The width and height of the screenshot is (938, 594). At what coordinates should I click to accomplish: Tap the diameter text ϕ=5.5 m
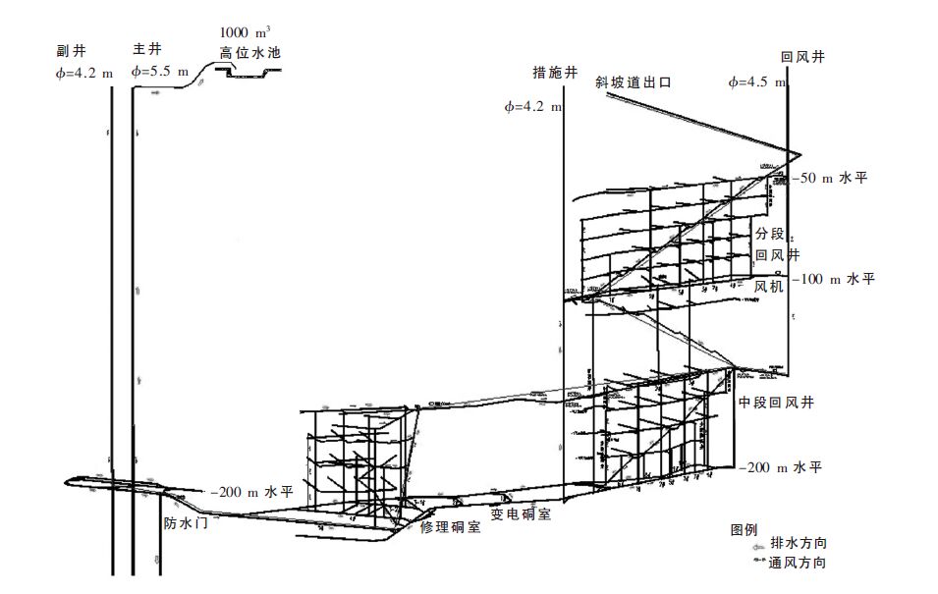click(165, 72)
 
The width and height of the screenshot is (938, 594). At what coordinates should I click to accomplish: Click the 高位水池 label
click(250, 53)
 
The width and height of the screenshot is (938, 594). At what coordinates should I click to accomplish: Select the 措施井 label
click(546, 72)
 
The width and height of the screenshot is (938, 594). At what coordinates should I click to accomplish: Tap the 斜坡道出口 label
click(633, 83)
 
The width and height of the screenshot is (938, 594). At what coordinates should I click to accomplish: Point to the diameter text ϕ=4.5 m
click(757, 82)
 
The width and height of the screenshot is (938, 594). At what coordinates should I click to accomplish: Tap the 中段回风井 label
click(777, 403)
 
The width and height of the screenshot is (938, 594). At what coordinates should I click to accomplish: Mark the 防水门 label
click(186, 523)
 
